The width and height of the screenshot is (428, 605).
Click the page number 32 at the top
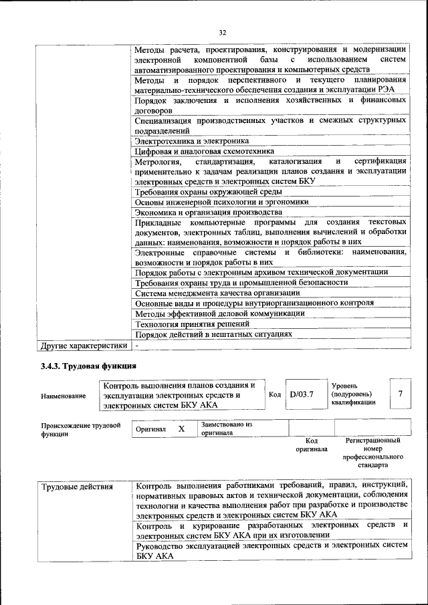click(223, 31)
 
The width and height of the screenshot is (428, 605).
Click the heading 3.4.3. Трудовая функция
click(88, 366)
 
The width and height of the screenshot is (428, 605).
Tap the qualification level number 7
click(400, 394)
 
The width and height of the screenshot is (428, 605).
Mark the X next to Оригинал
click(181, 429)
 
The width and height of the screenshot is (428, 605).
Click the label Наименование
click(63, 396)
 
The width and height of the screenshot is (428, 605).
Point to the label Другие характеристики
click(84, 346)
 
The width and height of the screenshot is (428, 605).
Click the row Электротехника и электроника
click(192, 141)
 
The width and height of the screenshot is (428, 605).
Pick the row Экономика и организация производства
click(200, 213)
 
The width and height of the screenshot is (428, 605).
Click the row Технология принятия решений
click(185, 324)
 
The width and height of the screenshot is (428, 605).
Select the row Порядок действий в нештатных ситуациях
click(213, 334)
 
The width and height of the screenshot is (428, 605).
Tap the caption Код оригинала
click(311, 445)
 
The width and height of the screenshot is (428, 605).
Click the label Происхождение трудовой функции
click(80, 429)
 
